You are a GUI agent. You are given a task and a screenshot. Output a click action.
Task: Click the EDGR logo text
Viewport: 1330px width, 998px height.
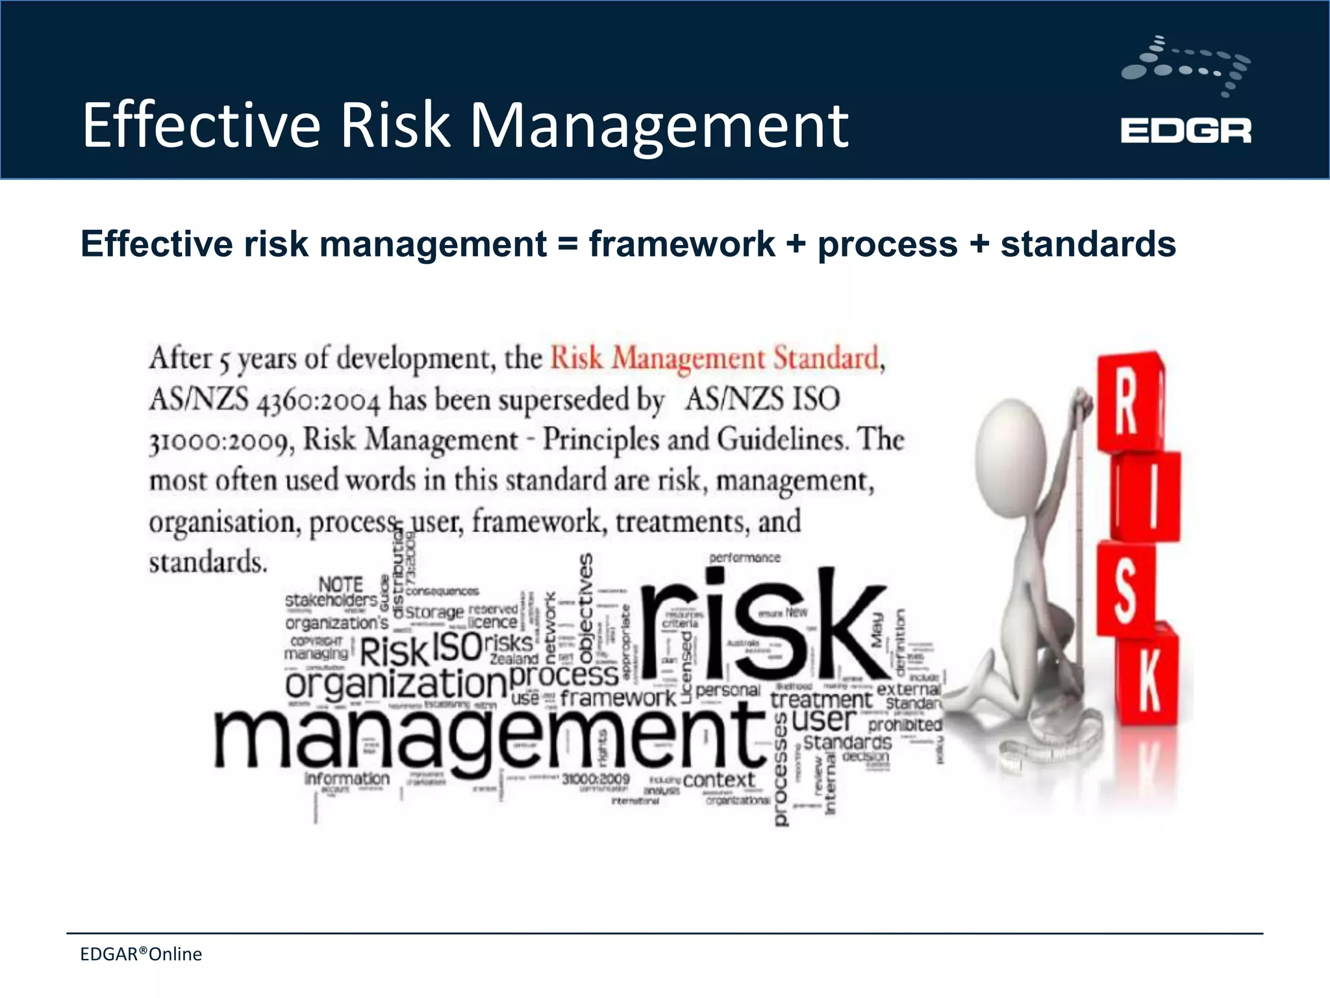coord(1185,131)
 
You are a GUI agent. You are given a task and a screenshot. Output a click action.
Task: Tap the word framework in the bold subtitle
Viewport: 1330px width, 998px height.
coord(682,244)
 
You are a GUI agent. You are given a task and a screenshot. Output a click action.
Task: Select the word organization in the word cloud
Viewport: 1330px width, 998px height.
coord(395,684)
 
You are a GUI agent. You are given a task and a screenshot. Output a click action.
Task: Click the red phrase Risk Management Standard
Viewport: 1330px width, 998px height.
coord(714,358)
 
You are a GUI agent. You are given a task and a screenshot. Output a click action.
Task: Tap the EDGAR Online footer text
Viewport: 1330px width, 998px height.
coord(141,954)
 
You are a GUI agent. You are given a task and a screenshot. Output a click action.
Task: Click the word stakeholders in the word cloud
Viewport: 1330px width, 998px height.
coord(331,600)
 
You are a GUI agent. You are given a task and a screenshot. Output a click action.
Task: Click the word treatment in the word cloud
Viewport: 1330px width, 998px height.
coord(821,700)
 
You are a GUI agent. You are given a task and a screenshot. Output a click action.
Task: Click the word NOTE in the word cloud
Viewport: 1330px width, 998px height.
coord(340,583)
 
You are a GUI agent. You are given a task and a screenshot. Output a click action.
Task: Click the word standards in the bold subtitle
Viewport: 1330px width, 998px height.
coord(1088,244)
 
